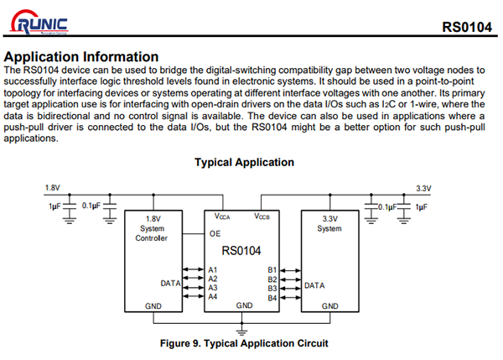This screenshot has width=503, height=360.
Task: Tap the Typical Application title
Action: (x=244, y=162)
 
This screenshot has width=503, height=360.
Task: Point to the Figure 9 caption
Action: (x=244, y=342)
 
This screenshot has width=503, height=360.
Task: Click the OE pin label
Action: (x=215, y=234)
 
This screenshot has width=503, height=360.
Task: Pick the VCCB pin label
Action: (x=265, y=217)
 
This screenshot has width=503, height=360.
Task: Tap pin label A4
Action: (x=213, y=297)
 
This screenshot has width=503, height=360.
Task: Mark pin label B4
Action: (x=272, y=298)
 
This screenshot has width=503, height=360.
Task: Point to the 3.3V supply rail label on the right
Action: (x=423, y=188)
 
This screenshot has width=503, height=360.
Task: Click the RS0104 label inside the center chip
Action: (x=241, y=251)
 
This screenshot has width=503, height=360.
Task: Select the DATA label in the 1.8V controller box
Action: (x=171, y=284)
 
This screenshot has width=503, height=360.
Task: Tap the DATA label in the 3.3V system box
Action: (x=315, y=285)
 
